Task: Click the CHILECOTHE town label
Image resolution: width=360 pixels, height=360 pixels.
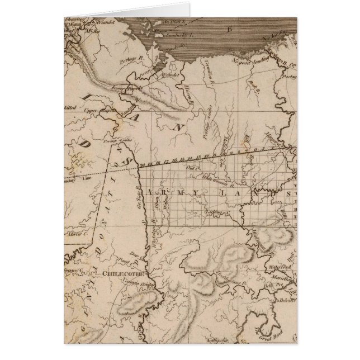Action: click(123, 274)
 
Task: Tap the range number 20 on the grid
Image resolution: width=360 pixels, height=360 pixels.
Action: click(144, 165)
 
